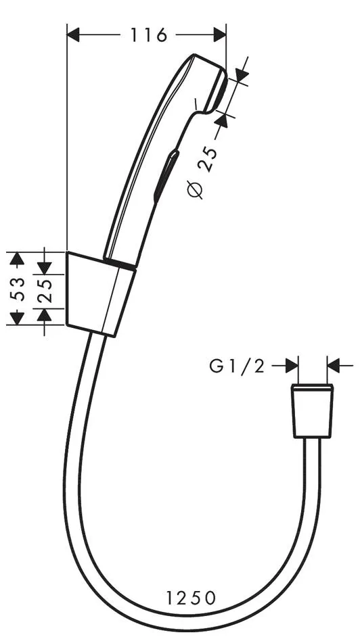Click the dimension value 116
tap(149, 35)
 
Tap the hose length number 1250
tap(191, 598)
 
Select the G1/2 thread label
tap(238, 367)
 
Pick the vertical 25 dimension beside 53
tap(45, 291)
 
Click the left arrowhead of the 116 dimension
tap(73, 35)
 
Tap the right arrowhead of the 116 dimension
tap(219, 35)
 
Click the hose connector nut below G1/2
tap(313, 410)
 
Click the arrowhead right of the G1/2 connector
tap(334, 366)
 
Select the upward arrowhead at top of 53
tap(16, 259)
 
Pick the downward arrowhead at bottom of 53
tap(16, 318)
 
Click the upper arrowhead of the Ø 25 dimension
tap(242, 75)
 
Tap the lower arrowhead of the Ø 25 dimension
tap(221, 120)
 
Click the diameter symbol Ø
tap(196, 190)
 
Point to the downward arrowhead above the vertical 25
tap(45, 268)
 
